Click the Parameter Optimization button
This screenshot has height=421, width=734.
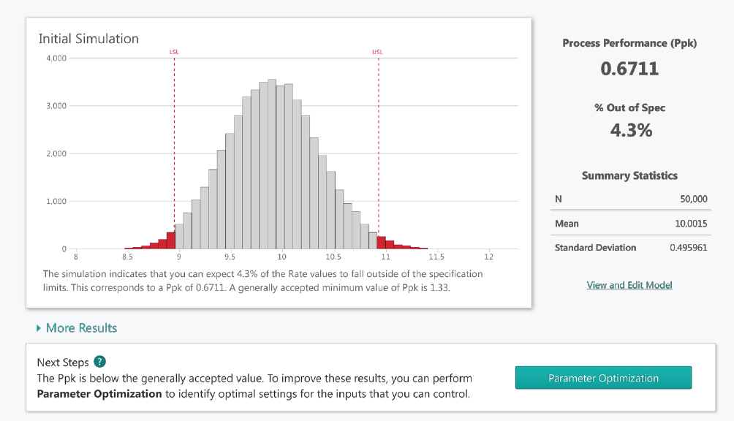pyautogui.click(x=603, y=378)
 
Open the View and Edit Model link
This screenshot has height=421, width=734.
pyautogui.click(x=629, y=284)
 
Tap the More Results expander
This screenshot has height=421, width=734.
pyautogui.click(x=77, y=328)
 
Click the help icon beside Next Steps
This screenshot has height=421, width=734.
pyautogui.click(x=100, y=363)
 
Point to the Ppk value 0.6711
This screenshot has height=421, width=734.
pyautogui.click(x=629, y=69)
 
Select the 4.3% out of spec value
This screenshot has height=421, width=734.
pyautogui.click(x=629, y=131)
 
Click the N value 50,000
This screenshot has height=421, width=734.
pyautogui.click(x=693, y=199)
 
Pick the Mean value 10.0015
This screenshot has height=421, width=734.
pyautogui.click(x=691, y=224)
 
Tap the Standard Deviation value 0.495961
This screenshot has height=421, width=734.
pyautogui.click(x=688, y=247)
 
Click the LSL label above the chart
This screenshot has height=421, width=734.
pyautogui.click(x=174, y=52)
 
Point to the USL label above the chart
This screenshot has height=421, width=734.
pyautogui.click(x=377, y=52)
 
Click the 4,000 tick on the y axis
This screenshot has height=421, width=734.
pyautogui.click(x=56, y=58)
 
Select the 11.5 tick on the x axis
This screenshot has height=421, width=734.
pyautogui.click(x=437, y=257)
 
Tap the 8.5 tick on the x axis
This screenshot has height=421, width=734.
pyautogui.click(x=127, y=257)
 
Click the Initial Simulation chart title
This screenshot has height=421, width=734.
pyautogui.click(x=88, y=39)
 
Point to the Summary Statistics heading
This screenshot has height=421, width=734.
pyautogui.click(x=629, y=175)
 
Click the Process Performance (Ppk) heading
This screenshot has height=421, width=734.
pyautogui.click(x=629, y=43)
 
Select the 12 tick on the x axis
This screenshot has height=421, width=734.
pyautogui.click(x=489, y=257)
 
